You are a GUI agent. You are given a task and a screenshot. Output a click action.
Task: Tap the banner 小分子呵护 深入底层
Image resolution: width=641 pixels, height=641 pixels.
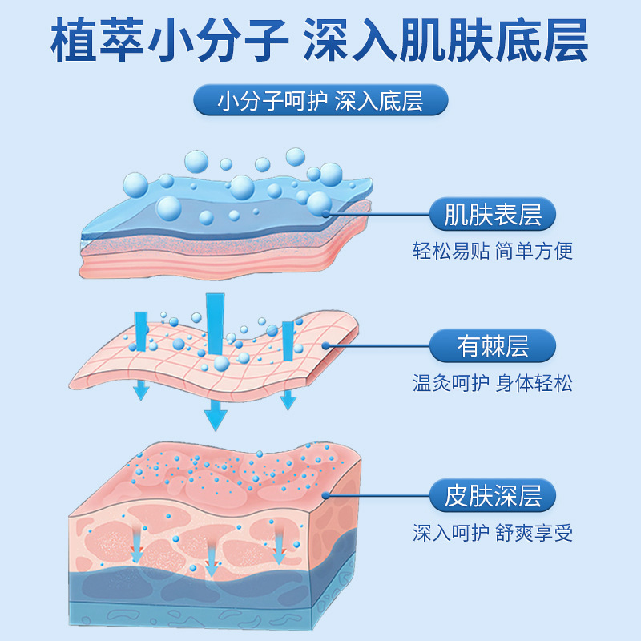[320, 102]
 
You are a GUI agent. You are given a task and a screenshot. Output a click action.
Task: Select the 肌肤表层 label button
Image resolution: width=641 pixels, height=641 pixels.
[493, 215]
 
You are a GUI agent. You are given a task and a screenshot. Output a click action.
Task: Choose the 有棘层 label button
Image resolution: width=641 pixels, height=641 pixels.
[493, 346]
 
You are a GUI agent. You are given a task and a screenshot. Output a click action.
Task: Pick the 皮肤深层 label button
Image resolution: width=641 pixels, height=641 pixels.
[493, 496]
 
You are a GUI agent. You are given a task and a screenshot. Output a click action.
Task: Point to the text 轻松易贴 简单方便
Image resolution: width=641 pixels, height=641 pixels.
[493, 251]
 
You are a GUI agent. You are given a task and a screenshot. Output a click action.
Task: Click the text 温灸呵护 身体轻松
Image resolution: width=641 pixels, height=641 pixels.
[493, 382]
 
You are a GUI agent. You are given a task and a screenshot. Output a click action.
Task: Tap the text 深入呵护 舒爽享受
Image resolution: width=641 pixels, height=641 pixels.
[493, 533]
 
